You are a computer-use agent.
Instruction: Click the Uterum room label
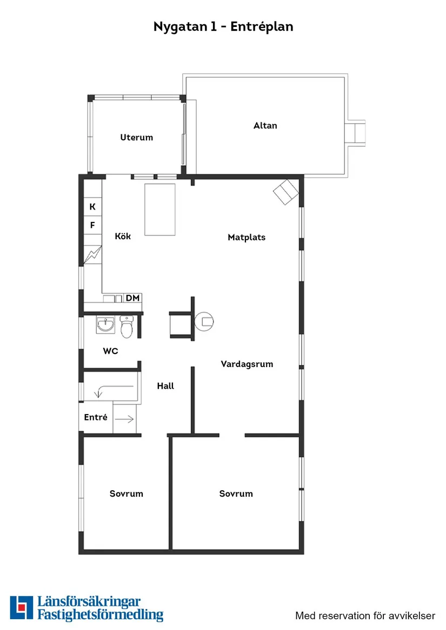tap(136, 138)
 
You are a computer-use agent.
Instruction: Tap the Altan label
tap(265, 126)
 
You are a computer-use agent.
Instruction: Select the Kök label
tap(123, 236)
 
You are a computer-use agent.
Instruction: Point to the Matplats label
tap(247, 238)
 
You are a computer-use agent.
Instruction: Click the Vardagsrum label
tap(247, 364)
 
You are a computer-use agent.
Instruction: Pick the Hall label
tap(165, 387)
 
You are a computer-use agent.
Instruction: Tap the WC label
tap(111, 351)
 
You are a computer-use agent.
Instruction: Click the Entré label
tap(96, 418)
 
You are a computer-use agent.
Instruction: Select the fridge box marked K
tap(92, 207)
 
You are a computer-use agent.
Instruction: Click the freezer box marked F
tap(92, 226)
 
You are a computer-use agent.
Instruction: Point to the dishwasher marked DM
tap(132, 298)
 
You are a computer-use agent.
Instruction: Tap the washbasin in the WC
tap(105, 324)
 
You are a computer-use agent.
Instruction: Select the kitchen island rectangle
tap(160, 209)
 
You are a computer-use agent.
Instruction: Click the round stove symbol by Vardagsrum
tap(204, 322)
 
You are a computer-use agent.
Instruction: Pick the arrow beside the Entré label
tap(124, 418)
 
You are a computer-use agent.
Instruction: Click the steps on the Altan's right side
tap(356, 132)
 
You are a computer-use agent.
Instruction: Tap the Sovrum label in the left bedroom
tap(127, 494)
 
